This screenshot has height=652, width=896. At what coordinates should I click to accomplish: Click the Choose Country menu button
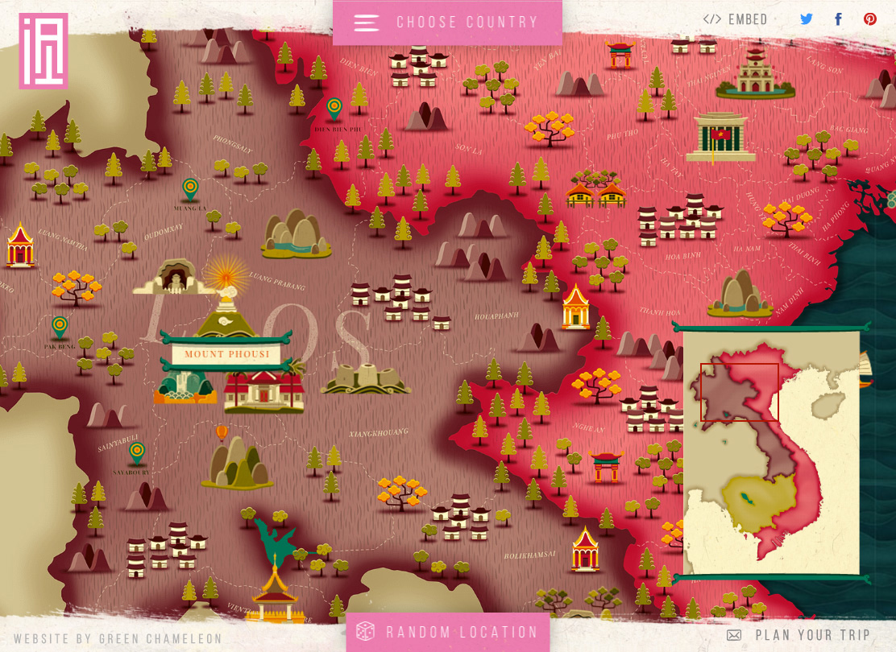(447, 23)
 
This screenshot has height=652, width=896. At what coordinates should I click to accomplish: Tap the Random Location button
(448, 633)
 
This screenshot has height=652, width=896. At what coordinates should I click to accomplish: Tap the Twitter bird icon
(807, 19)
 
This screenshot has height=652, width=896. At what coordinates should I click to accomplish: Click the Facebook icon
(838, 19)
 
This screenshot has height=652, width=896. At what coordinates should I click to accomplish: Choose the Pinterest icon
(870, 19)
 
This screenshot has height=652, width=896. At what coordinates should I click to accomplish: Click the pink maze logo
(44, 51)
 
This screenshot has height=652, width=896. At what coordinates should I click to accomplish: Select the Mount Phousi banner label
(226, 354)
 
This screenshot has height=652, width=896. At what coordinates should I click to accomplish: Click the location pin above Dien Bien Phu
(334, 107)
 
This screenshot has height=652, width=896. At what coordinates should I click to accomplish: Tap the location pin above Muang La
(190, 188)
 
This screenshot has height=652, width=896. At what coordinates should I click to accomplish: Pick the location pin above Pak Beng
(60, 326)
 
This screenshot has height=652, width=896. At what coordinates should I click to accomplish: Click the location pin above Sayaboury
(137, 452)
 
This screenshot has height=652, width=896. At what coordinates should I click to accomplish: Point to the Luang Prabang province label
(278, 281)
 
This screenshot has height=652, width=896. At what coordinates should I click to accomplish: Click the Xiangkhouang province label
(379, 433)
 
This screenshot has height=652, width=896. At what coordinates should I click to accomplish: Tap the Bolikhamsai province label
(530, 555)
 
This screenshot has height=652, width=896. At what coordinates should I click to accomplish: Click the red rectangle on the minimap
(739, 392)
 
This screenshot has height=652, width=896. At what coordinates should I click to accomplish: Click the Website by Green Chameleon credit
(118, 639)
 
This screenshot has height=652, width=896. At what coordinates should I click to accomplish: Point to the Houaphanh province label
(496, 316)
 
